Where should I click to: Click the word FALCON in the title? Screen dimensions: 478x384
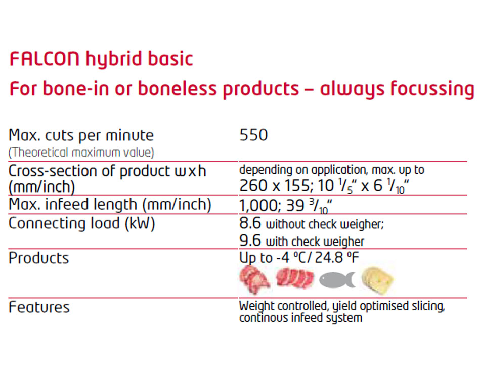[45, 59]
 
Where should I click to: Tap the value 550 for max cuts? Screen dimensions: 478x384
[253, 135]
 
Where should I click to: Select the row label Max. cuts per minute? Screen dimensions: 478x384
[81, 135]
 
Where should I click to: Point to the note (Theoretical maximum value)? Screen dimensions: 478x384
[81, 152]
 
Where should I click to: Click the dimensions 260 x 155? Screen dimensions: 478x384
[274, 185]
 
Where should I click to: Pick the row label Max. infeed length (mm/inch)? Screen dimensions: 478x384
[110, 204]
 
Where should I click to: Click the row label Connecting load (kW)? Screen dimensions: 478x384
[82, 223]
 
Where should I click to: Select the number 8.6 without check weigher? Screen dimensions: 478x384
[250, 223]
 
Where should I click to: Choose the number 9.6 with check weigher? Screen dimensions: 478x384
[250, 241]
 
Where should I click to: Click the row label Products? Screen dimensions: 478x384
[39, 258]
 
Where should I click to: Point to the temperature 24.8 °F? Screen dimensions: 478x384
[337, 258]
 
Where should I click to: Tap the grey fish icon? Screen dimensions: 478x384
[337, 279]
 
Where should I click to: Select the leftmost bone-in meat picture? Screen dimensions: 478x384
[255, 279]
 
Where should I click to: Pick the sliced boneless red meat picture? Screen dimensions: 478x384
[295, 278]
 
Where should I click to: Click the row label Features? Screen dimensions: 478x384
[39, 307]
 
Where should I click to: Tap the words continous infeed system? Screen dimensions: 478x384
[300, 318]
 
